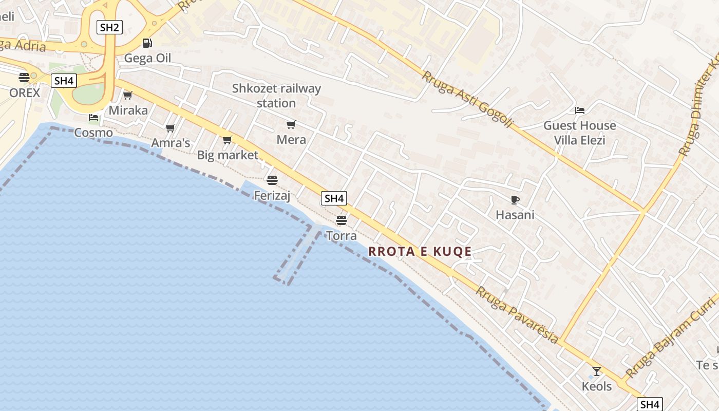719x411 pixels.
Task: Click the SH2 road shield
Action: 109,27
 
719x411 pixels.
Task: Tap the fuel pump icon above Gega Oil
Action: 147,43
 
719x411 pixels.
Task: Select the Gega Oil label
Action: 147,58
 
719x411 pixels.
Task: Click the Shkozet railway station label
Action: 276,96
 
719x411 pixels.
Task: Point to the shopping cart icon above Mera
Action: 291,124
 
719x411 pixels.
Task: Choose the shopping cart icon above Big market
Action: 228,140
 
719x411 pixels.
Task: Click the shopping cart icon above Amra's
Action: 171,128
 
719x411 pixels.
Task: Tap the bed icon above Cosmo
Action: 93,118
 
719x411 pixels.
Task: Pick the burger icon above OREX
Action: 24,78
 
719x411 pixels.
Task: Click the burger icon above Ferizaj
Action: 272,180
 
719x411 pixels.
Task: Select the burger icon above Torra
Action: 342,220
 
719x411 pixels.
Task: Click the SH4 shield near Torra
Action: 334,198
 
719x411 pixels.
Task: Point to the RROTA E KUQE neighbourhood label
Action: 420,251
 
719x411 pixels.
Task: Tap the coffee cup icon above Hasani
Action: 515,200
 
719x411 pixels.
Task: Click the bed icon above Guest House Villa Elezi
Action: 580,110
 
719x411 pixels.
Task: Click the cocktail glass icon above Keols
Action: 596,371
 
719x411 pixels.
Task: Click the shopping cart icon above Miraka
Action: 128,95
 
